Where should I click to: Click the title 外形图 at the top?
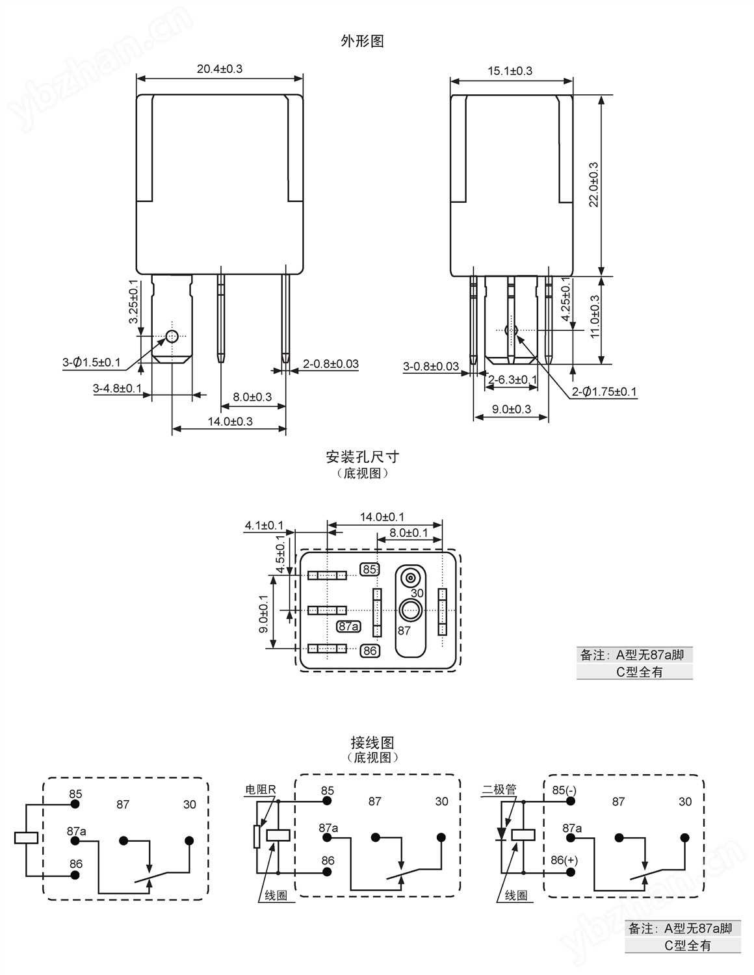pyautogui.click(x=362, y=42)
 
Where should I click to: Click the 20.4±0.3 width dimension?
pyautogui.click(x=219, y=69)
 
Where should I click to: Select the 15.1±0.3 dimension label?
pyautogui.click(x=510, y=71)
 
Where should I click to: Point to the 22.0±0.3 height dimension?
pyautogui.click(x=593, y=185)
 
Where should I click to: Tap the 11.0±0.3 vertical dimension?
pyautogui.click(x=595, y=317)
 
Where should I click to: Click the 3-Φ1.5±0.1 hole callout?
pyautogui.click(x=92, y=362)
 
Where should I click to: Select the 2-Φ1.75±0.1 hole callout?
pyautogui.click(x=604, y=392)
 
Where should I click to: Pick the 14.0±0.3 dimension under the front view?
pyautogui.click(x=230, y=421)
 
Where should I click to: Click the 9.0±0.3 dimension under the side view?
pyautogui.click(x=512, y=409)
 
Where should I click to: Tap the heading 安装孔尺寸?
pyautogui.click(x=363, y=457)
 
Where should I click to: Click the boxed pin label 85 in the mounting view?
pyautogui.click(x=370, y=569)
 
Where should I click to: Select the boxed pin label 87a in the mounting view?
pyautogui.click(x=348, y=626)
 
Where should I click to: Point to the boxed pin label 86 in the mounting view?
pyautogui.click(x=370, y=651)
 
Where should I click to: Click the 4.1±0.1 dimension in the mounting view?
pyautogui.click(x=264, y=525)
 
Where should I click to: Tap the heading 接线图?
pyautogui.click(x=372, y=742)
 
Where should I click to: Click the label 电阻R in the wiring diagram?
pyautogui.click(x=261, y=789)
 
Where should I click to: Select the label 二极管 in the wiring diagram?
pyautogui.click(x=499, y=789)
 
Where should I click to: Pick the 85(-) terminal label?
pyautogui.click(x=564, y=790)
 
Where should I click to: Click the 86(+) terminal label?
pyautogui.click(x=564, y=860)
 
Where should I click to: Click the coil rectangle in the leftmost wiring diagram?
pyautogui.click(x=26, y=837)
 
